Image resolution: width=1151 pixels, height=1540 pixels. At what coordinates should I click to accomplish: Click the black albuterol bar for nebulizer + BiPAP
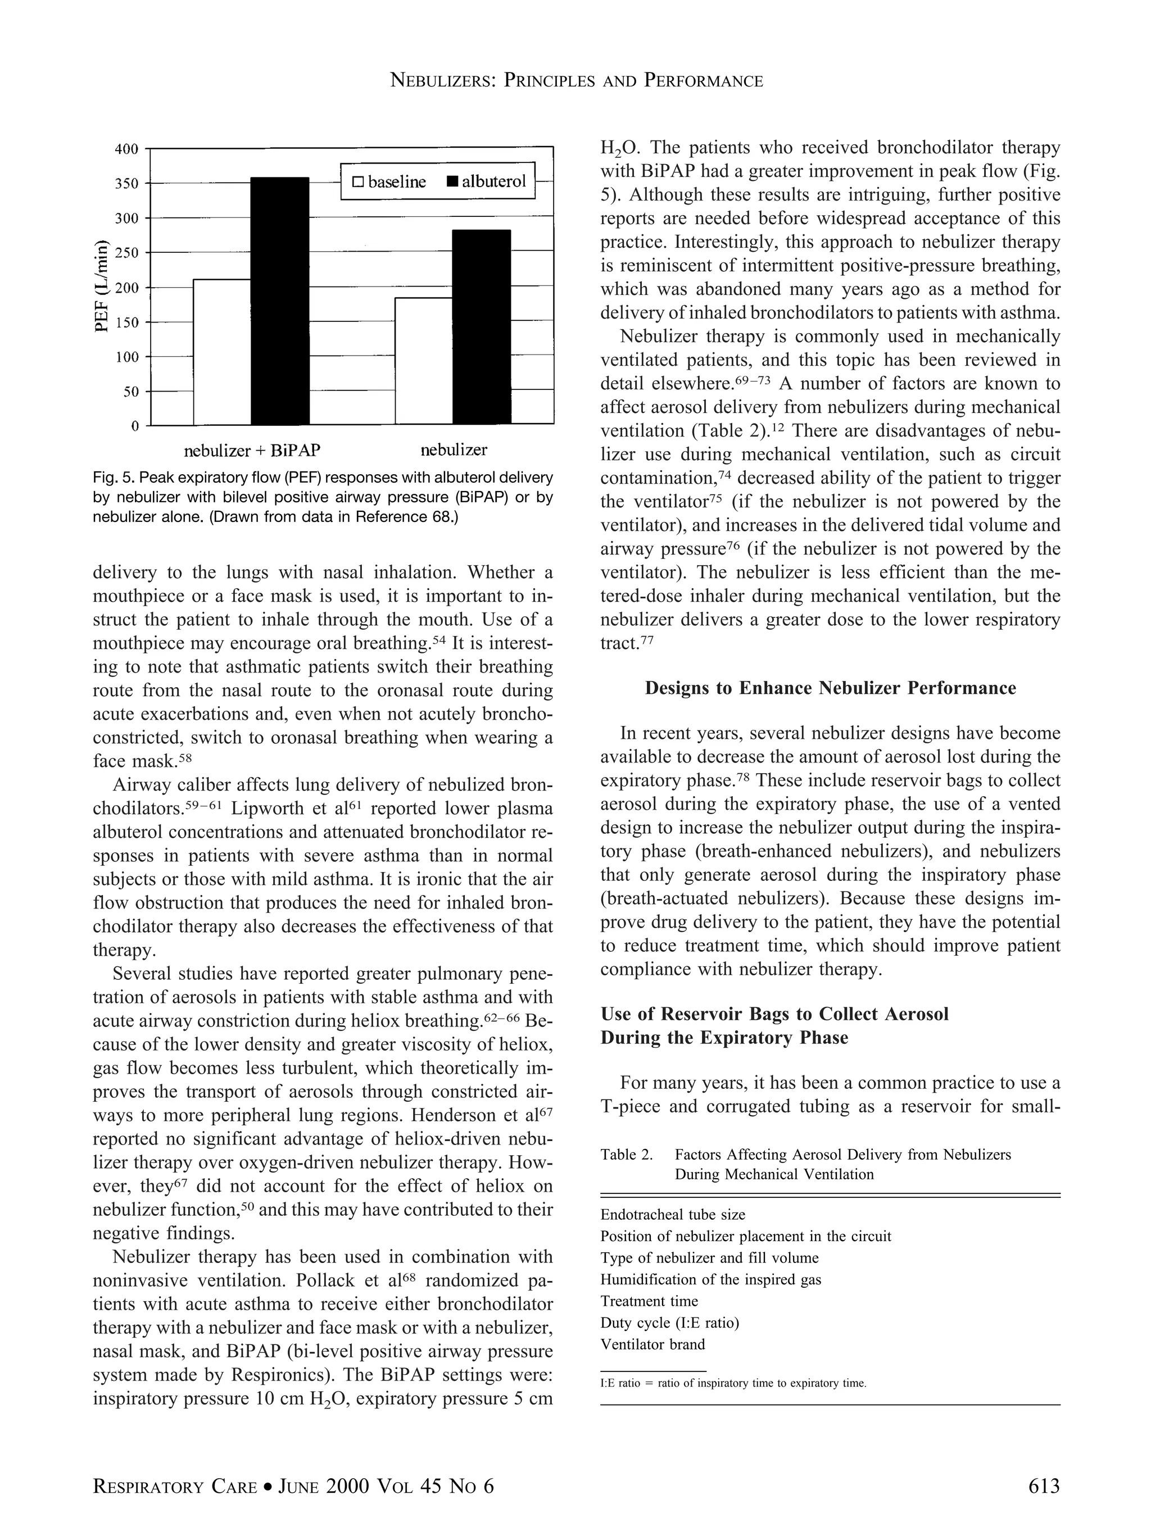(x=280, y=301)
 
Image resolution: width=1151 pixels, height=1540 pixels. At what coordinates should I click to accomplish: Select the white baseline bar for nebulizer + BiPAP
(x=222, y=352)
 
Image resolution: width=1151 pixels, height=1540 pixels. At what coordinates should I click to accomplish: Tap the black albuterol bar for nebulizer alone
(x=481, y=326)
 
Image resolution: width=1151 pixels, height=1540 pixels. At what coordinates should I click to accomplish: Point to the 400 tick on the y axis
(x=126, y=149)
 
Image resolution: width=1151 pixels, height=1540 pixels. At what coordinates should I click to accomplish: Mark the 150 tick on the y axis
(x=126, y=322)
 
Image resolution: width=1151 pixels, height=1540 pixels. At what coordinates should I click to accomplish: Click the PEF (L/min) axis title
(x=102, y=285)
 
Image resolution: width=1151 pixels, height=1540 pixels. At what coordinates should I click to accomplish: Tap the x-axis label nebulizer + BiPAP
(x=252, y=451)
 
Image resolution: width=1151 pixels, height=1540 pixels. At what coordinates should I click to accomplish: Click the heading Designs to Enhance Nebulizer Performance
(x=830, y=689)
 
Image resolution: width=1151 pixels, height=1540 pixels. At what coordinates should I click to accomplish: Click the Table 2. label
(x=627, y=1155)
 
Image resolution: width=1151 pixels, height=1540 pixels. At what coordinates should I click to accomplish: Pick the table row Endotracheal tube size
(x=673, y=1215)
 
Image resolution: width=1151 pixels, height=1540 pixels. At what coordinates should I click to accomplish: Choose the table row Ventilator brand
(x=652, y=1344)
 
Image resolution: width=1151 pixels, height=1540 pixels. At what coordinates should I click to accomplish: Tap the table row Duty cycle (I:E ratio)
(x=669, y=1323)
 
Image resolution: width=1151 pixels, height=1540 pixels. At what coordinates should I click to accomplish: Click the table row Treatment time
(x=649, y=1301)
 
